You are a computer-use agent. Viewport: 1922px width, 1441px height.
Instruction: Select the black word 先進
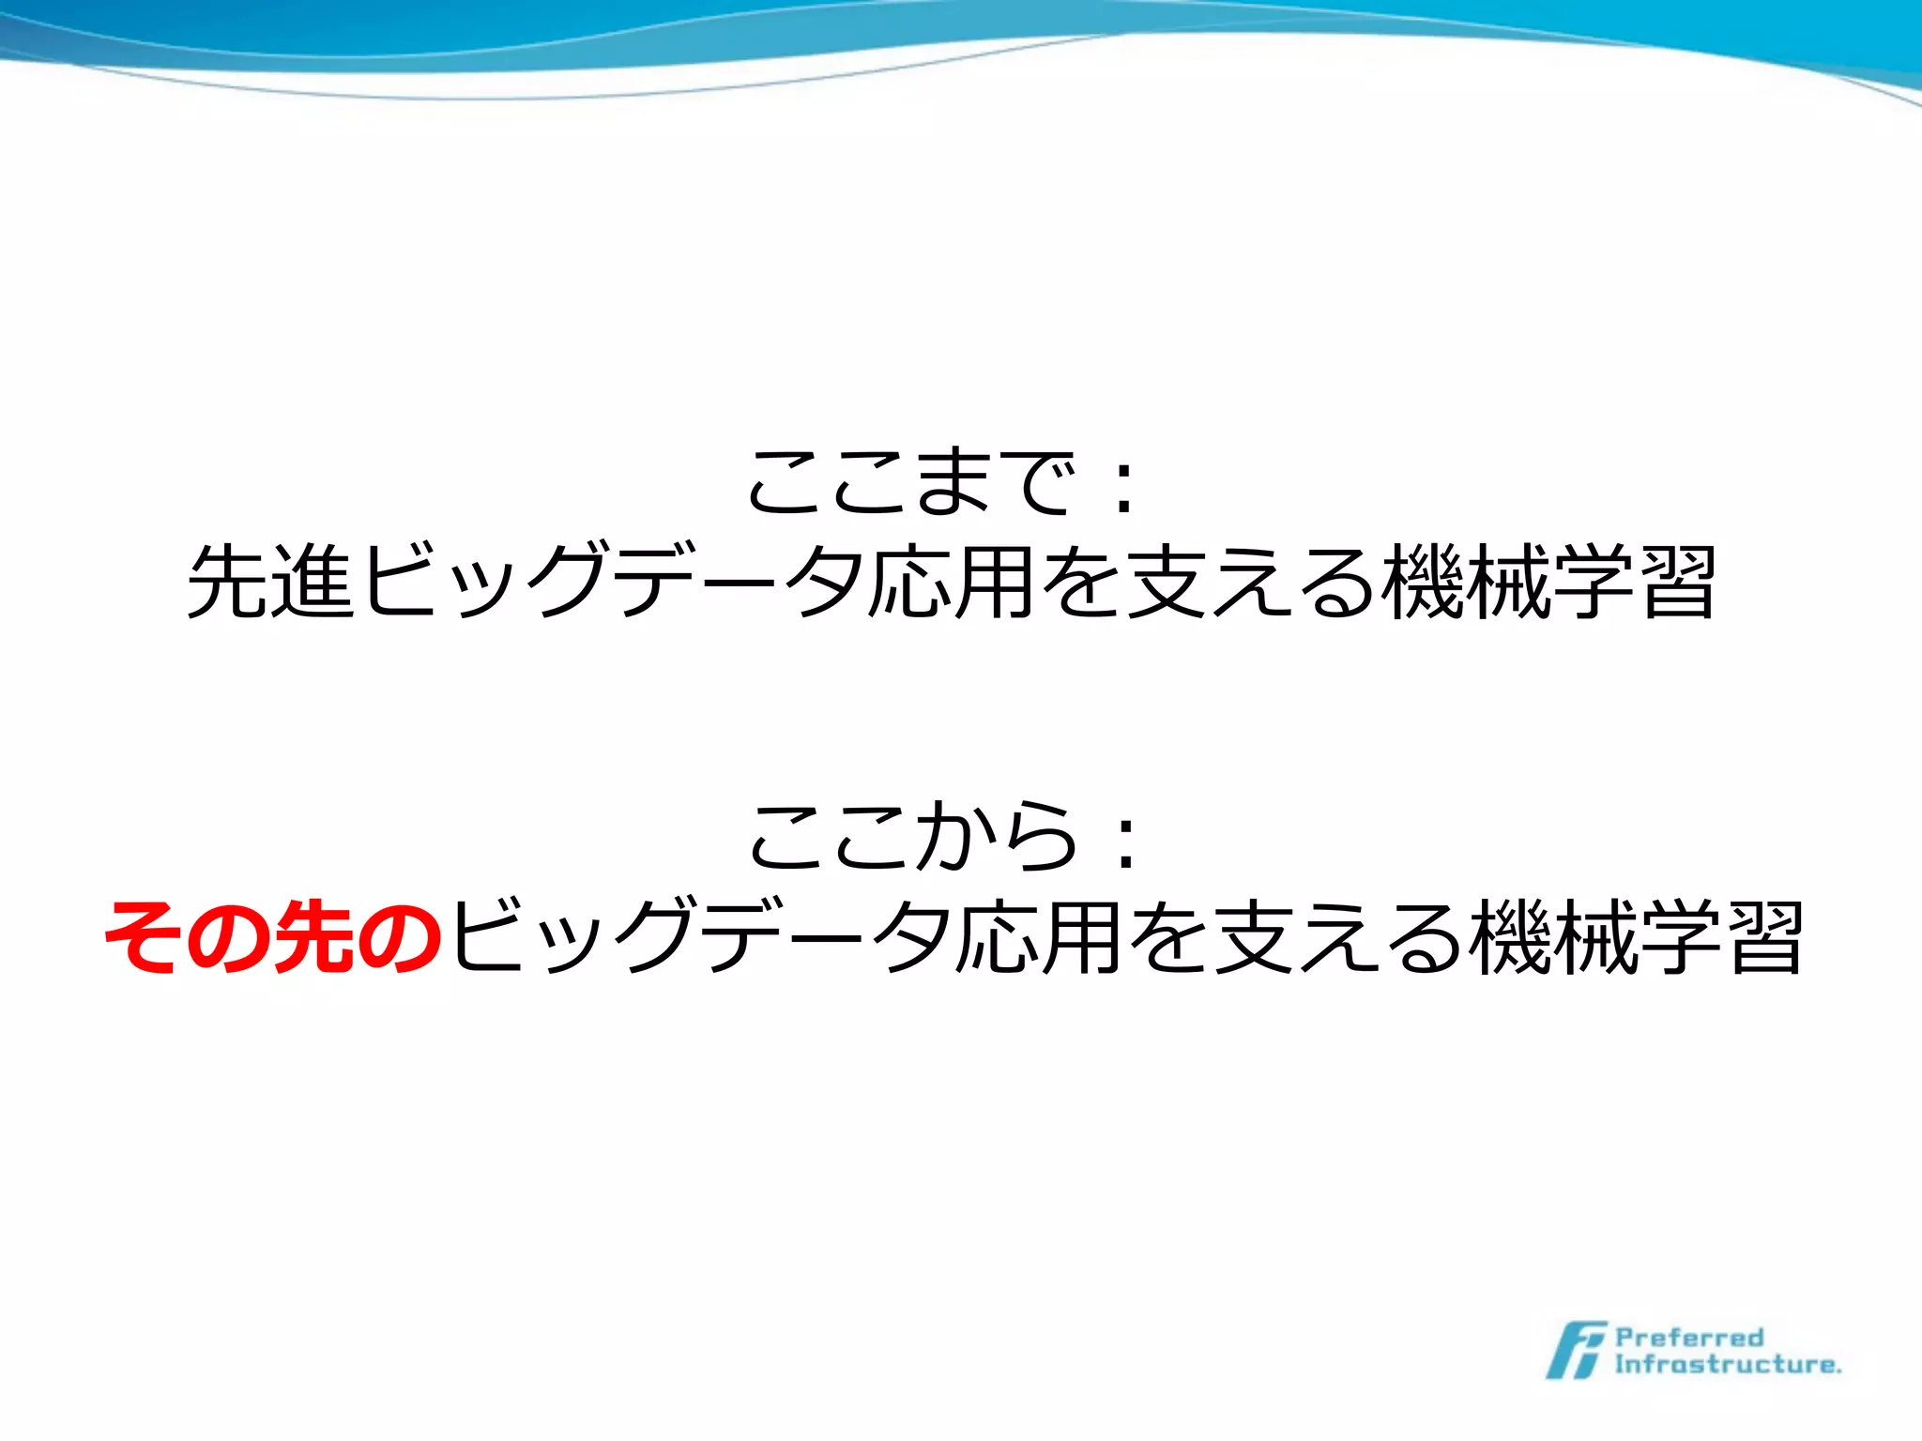272,582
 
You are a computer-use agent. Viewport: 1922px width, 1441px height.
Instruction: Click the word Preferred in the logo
1689,1337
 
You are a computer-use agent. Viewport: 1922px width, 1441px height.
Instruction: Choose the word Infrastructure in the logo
1727,1364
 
